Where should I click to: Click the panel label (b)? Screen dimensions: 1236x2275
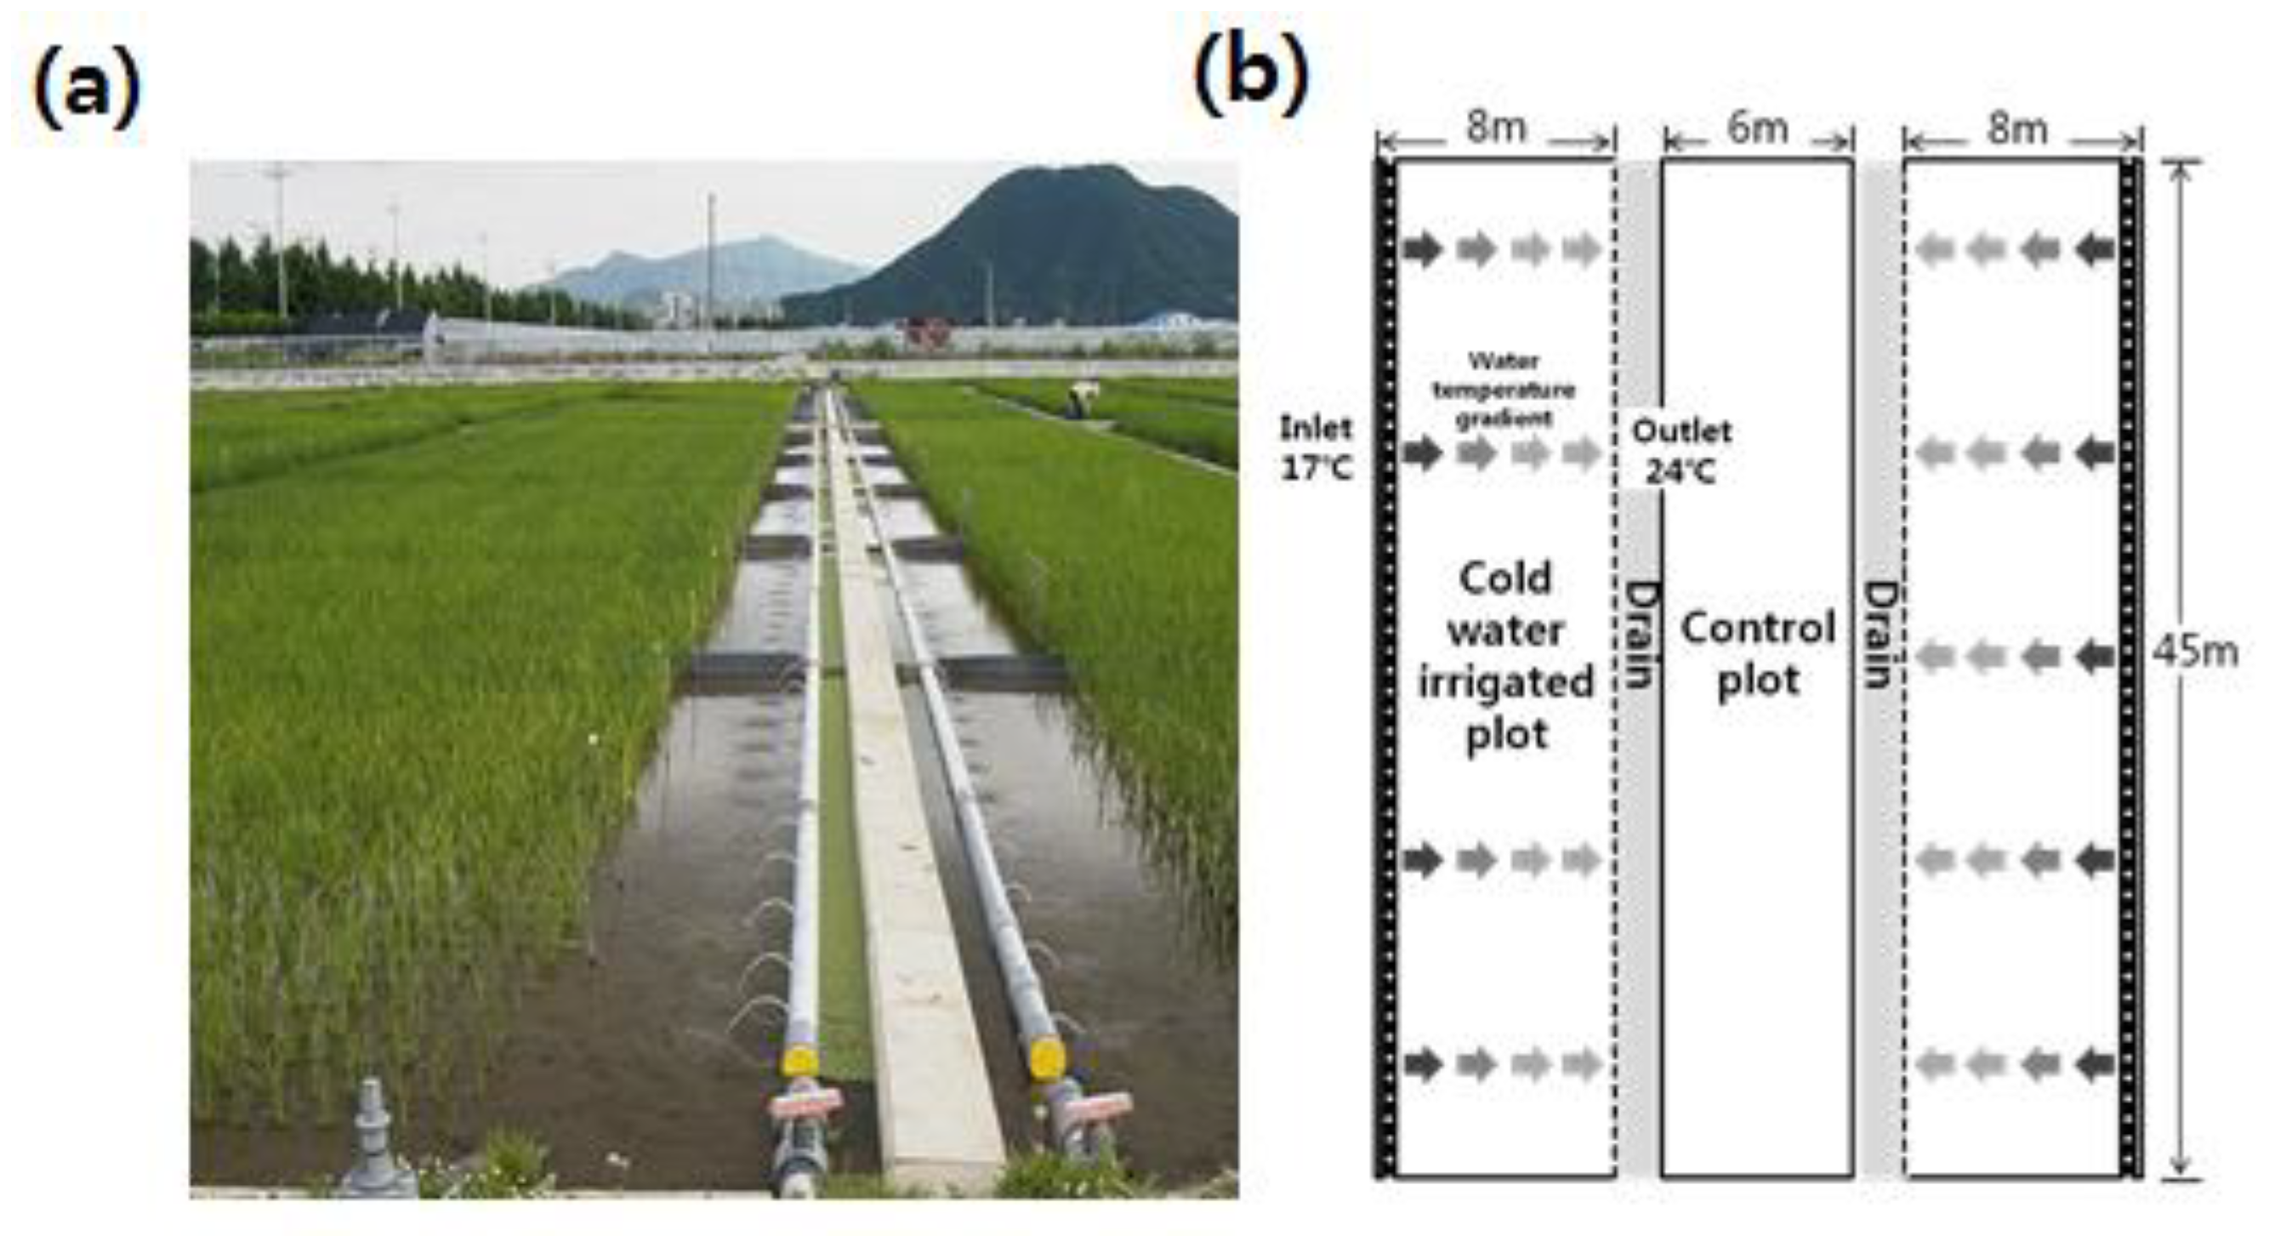coord(1250,77)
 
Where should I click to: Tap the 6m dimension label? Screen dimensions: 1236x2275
coord(1757,129)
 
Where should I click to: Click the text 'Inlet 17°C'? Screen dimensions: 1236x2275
coord(1316,449)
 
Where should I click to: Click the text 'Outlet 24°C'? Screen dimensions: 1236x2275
coord(1681,452)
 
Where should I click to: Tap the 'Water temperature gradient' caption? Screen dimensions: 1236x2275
coord(1503,389)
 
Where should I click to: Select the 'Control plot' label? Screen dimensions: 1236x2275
coord(1757,654)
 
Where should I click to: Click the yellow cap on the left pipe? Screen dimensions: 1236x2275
coord(800,1059)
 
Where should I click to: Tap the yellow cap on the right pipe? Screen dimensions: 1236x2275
coord(1047,1057)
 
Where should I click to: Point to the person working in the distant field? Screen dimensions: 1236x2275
coord(1077,402)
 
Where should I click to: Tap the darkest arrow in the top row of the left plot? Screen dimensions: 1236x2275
coord(1422,249)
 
